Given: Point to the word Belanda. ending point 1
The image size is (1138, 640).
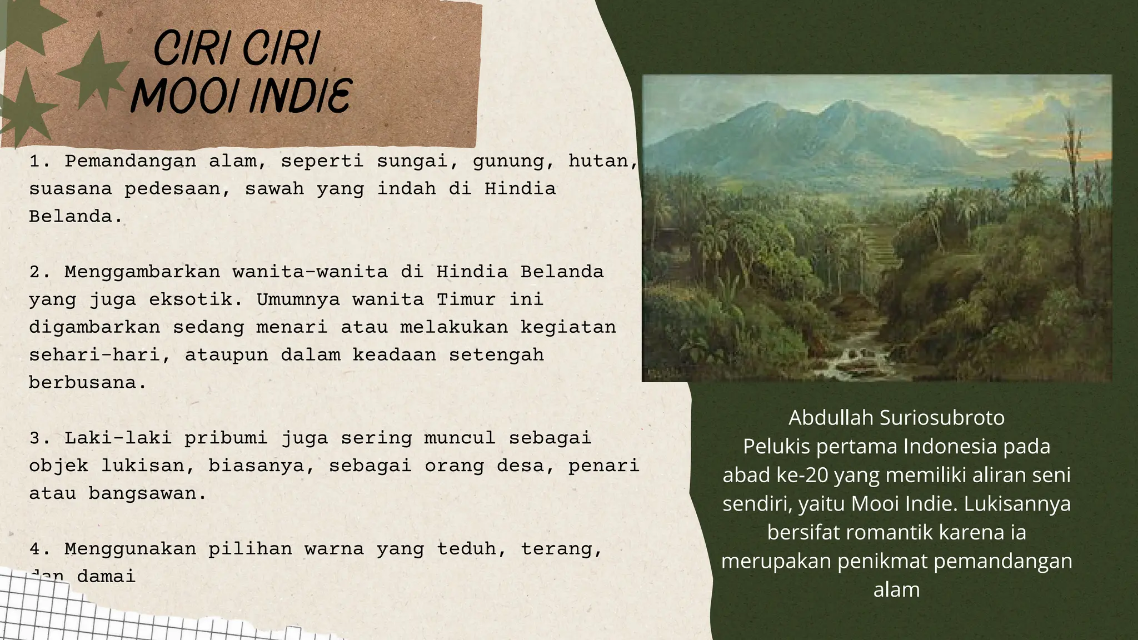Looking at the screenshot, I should (x=76, y=217).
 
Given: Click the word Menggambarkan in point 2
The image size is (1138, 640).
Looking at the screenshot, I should (x=142, y=272).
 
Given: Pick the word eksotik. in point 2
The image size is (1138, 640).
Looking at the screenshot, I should (x=196, y=299).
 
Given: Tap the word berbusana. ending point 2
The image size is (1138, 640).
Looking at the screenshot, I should (x=88, y=383).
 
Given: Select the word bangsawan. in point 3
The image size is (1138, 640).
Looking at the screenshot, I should (x=147, y=493).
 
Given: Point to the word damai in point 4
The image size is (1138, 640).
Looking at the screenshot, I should (x=106, y=577).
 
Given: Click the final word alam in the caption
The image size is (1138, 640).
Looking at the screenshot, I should (x=896, y=589).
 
